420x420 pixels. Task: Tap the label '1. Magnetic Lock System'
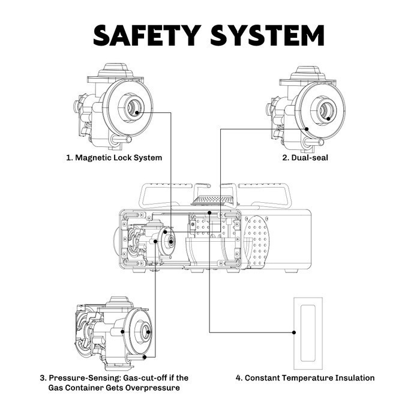pos(114,158)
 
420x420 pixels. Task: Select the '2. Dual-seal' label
pos(305,158)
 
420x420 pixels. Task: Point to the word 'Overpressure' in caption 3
pos(154,388)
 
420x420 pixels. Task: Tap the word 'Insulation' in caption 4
pos(355,378)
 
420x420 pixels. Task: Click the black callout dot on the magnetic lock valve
pos(138,112)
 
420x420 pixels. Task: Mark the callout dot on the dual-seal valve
pos(306,128)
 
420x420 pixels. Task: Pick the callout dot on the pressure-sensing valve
pos(122,331)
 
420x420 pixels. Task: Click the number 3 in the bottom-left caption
pos(43,378)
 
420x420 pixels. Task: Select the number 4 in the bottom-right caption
pos(239,378)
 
